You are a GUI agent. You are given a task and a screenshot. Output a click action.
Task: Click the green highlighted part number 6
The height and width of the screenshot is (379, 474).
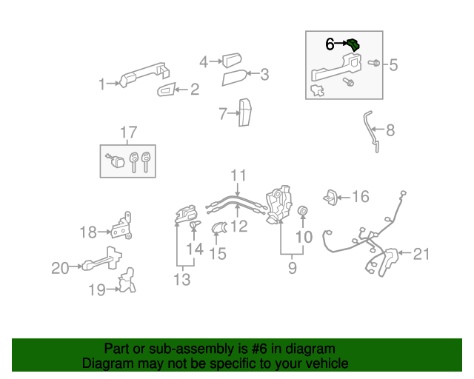coord(354,45)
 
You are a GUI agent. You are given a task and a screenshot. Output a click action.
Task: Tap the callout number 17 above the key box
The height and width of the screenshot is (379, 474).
coord(129,133)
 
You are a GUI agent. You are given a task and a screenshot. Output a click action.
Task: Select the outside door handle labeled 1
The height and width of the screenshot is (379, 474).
coord(141,76)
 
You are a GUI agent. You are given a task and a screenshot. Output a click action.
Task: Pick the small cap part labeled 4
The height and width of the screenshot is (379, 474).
coord(231,59)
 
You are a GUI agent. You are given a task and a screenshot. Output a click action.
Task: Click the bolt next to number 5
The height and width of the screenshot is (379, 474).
coord(374,64)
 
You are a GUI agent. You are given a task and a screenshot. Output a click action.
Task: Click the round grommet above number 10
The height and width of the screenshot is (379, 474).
coord(302,214)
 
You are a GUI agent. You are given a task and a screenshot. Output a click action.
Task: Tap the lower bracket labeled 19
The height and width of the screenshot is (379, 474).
coord(127,282)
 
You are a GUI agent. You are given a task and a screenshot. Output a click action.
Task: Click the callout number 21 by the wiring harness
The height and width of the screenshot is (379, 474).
coord(421,255)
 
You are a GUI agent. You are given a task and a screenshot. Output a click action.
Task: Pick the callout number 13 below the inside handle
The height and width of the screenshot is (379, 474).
coord(181,280)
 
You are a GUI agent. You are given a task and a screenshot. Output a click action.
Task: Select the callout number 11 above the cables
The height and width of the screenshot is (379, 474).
coord(237,176)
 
